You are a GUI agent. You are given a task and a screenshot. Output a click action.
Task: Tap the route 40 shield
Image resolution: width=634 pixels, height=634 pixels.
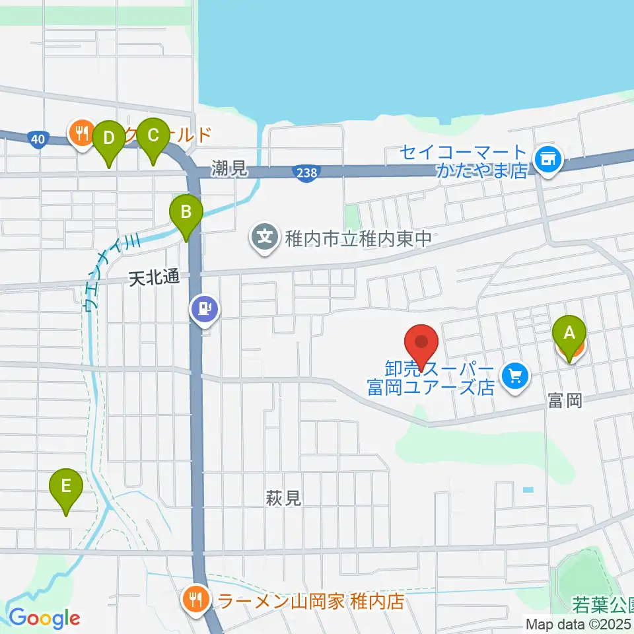38,139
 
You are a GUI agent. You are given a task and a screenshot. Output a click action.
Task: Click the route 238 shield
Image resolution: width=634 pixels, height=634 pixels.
303,172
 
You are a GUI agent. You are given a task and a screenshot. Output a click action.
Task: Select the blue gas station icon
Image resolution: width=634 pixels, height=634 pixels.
204,308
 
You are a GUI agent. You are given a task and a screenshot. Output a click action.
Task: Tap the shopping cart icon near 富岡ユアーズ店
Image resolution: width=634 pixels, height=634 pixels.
515,376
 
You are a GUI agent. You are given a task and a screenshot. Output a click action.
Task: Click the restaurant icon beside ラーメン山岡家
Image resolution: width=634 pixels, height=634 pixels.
196,600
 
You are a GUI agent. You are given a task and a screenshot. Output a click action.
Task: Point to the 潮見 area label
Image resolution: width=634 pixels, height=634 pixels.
230,169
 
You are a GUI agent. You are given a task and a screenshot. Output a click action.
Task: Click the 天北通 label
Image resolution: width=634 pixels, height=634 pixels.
154,279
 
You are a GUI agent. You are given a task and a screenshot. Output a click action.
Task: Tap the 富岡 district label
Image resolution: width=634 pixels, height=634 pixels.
565,400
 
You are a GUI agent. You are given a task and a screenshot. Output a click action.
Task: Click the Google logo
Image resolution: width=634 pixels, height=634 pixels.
44,618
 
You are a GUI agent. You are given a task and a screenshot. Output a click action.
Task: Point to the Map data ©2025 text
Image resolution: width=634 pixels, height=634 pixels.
579,624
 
